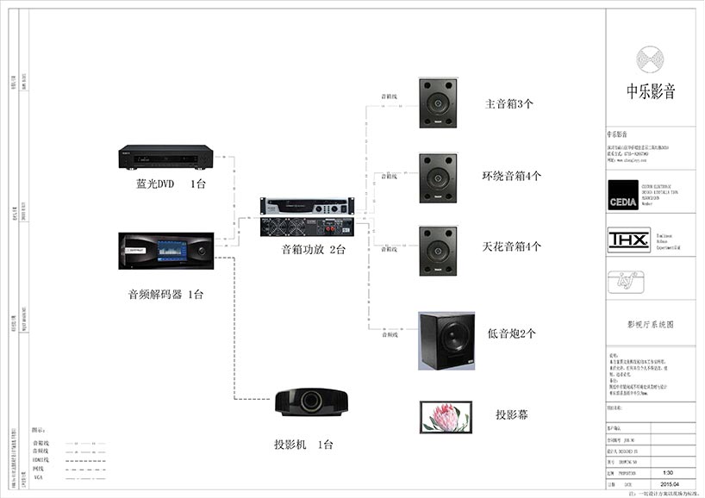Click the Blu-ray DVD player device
[165, 158]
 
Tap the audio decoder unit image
[165, 250]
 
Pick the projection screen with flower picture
[446, 416]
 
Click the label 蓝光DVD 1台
[172, 184]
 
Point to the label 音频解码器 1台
[165, 295]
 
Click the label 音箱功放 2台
[313, 250]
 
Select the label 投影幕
[512, 414]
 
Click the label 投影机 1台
[303, 445]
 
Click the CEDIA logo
[624, 192]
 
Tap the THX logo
[623, 238]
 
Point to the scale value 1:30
[668, 473]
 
